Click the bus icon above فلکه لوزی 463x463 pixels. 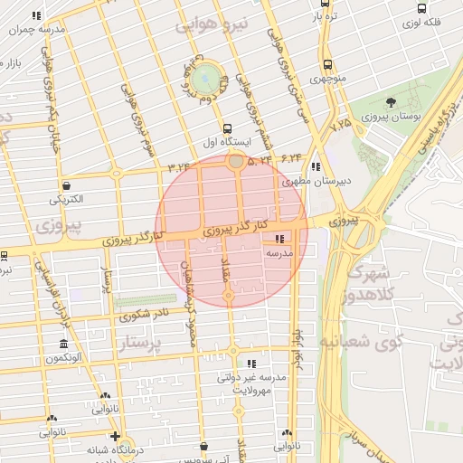(x=422, y=9)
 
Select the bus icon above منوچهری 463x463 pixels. (x=326, y=64)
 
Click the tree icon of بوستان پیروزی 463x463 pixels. (x=391, y=102)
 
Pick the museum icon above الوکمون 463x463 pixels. (x=62, y=345)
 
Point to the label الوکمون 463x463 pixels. (x=62, y=359)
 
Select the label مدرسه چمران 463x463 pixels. (x=36, y=30)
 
